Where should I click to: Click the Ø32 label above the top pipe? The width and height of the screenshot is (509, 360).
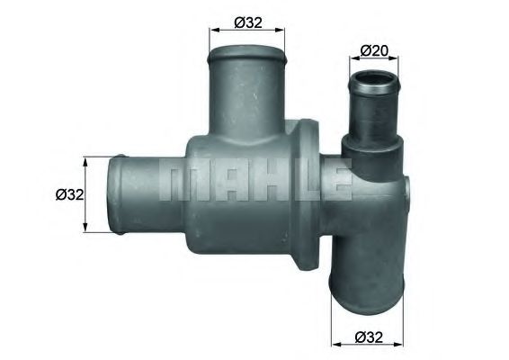[x=248, y=22]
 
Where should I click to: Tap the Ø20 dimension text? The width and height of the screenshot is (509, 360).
[x=374, y=50]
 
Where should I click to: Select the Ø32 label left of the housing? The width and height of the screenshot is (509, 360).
[x=69, y=193]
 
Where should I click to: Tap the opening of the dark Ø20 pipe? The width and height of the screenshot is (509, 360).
[x=373, y=83]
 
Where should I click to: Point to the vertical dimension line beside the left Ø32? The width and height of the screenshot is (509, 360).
[x=86, y=194]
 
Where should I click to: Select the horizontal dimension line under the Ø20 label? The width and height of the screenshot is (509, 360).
[x=373, y=60]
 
